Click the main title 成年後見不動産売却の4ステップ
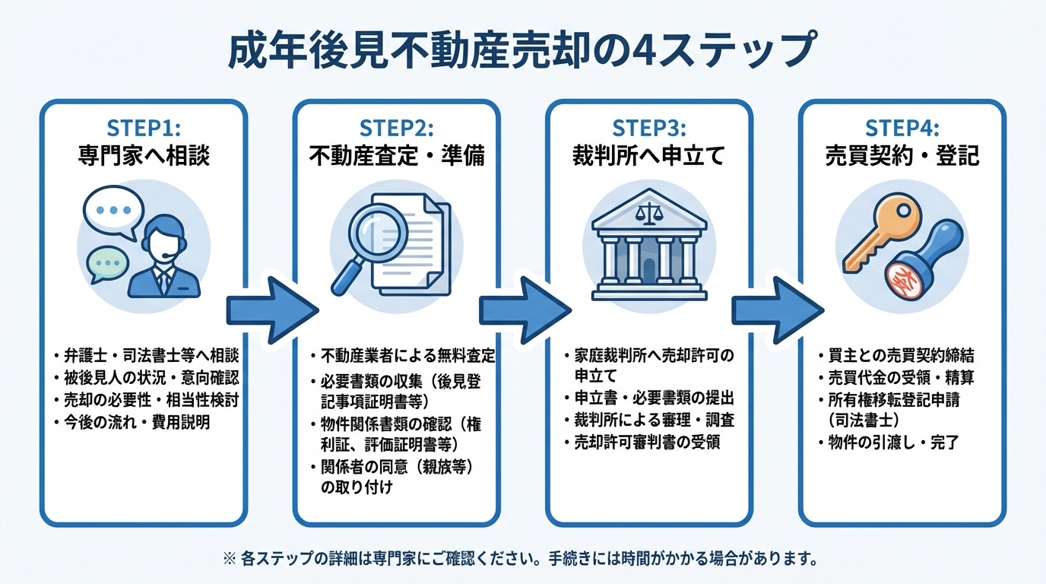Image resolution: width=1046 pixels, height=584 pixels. click(x=522, y=51)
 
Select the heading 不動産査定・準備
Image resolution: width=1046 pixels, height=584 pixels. click(x=396, y=156)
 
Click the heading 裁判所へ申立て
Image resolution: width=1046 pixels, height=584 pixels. click(x=648, y=156)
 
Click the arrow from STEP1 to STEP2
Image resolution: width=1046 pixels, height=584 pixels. click(x=271, y=309)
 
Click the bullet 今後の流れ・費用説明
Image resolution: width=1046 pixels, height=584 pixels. click(x=137, y=422)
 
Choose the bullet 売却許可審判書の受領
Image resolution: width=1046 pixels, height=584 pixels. click(x=647, y=443)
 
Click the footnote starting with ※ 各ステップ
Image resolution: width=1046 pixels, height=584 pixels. click(x=521, y=560)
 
